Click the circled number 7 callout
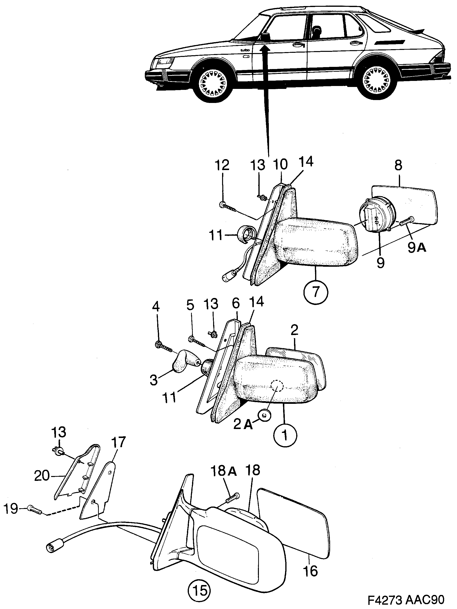point(316,292)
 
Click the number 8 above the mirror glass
point(398,165)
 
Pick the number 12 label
point(222,165)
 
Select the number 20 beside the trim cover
point(42,476)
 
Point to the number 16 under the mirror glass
point(311,571)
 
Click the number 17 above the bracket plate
point(119,442)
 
